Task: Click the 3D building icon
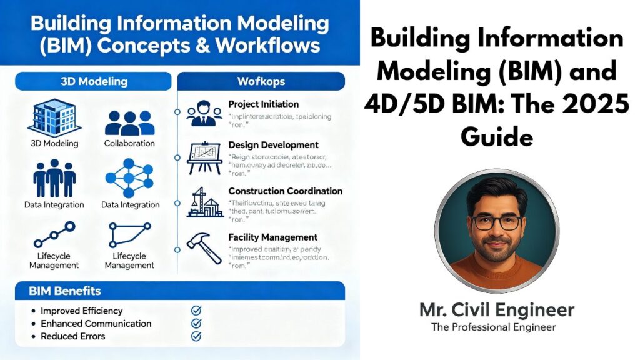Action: tap(54, 116)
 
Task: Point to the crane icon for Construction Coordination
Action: tap(204, 202)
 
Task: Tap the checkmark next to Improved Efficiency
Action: tap(196, 310)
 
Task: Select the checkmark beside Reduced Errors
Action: tap(196, 336)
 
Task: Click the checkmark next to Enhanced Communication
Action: tap(196, 323)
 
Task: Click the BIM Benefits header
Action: tap(65, 291)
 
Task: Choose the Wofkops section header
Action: tap(261, 81)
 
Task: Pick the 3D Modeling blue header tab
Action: tap(93, 81)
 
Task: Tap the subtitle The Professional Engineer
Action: tap(494, 327)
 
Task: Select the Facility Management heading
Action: tap(273, 237)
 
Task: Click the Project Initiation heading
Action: tap(263, 104)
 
